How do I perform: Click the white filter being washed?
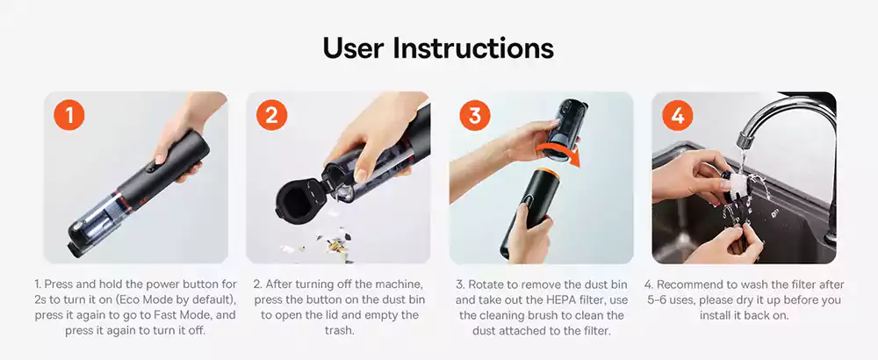tap(742, 179)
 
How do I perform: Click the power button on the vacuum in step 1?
tap(152, 165)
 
